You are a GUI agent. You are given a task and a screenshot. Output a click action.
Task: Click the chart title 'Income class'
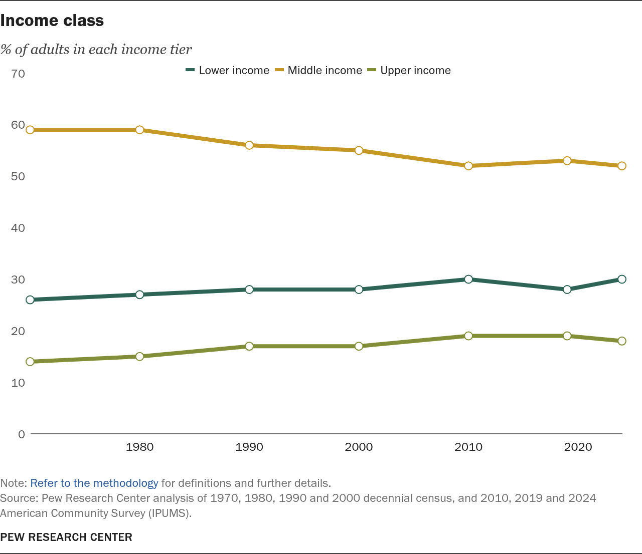pos(52,21)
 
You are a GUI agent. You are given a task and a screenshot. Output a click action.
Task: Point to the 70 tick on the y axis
pos(18,74)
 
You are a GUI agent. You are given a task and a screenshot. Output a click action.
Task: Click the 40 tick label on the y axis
pos(18,228)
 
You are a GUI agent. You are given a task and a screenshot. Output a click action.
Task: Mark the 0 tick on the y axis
pos(22,434)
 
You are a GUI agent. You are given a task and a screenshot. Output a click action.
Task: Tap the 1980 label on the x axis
pos(139,447)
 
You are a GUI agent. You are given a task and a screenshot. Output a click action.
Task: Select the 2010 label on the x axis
pos(468,447)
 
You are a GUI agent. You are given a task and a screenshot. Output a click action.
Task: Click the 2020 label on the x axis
pos(578,447)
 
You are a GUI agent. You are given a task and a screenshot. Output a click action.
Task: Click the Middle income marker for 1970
pos(30,130)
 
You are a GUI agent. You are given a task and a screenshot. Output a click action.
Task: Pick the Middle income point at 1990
pos(249,145)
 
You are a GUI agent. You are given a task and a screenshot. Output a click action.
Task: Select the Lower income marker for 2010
pos(468,279)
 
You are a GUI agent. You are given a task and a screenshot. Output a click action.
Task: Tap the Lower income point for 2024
pos(622,279)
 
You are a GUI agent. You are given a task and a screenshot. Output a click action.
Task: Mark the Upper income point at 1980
pos(139,357)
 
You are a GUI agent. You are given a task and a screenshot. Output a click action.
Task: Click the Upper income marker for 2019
pos(567,336)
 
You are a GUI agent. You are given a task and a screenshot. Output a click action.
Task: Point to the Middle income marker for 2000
pos(359,150)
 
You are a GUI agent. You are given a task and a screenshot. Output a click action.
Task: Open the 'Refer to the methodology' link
pos(94,483)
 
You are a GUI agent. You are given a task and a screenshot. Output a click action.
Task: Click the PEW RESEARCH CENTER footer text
pos(66,537)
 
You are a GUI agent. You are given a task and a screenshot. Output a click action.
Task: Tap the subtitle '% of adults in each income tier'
pos(96,49)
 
